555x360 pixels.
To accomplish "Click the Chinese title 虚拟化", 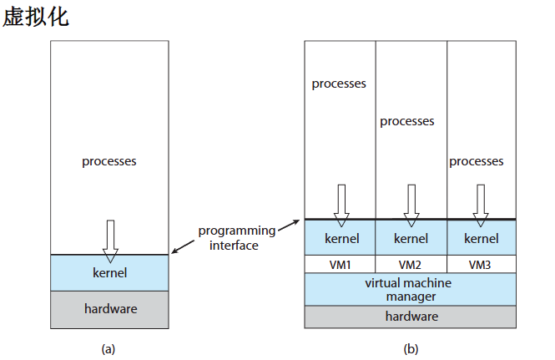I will coord(36,17).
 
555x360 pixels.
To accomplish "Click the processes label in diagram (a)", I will coord(109,161).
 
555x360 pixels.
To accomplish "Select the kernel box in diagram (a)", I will coord(109,273).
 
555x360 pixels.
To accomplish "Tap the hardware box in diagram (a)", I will coord(109,309).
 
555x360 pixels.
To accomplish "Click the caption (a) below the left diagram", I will coord(108,349).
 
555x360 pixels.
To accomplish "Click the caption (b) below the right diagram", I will coord(411,349).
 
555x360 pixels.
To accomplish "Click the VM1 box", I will coord(340,265).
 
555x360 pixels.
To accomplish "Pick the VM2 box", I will coord(411,265).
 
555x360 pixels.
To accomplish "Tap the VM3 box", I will coord(482,265).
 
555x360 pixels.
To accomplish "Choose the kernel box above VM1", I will coord(340,238).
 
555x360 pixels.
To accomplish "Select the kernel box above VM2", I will coord(411,238).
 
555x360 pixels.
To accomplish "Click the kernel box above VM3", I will coord(482,238).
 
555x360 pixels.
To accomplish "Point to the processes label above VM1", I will coord(339,84).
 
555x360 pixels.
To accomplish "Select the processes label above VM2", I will coord(407,121).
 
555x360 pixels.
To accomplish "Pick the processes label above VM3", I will coord(477,161).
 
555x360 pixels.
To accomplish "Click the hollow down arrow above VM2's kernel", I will coord(411,204).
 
